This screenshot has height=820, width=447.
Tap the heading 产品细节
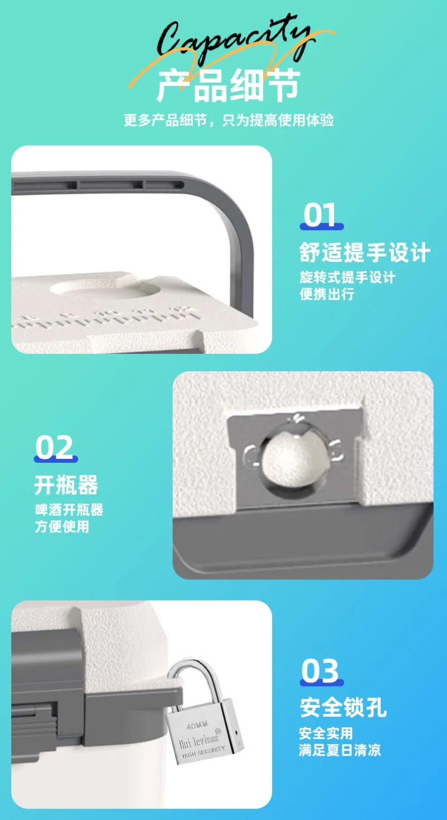[x=229, y=85]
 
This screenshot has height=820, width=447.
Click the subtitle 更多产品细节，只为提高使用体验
[x=229, y=121]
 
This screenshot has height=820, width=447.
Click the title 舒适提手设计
[x=365, y=253]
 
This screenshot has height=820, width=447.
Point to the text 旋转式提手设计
[x=347, y=277]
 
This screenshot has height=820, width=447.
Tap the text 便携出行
[x=327, y=294]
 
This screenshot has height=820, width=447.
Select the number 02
[x=55, y=448]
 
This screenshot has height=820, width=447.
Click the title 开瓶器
[x=66, y=486]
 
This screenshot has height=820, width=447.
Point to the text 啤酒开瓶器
[x=69, y=510]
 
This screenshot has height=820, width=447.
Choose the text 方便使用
[x=61, y=526]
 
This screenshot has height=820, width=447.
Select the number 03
[x=320, y=672]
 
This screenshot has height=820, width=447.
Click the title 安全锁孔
[x=343, y=708]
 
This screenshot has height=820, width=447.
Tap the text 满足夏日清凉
[x=340, y=750]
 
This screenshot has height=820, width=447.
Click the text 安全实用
[x=326, y=733]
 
